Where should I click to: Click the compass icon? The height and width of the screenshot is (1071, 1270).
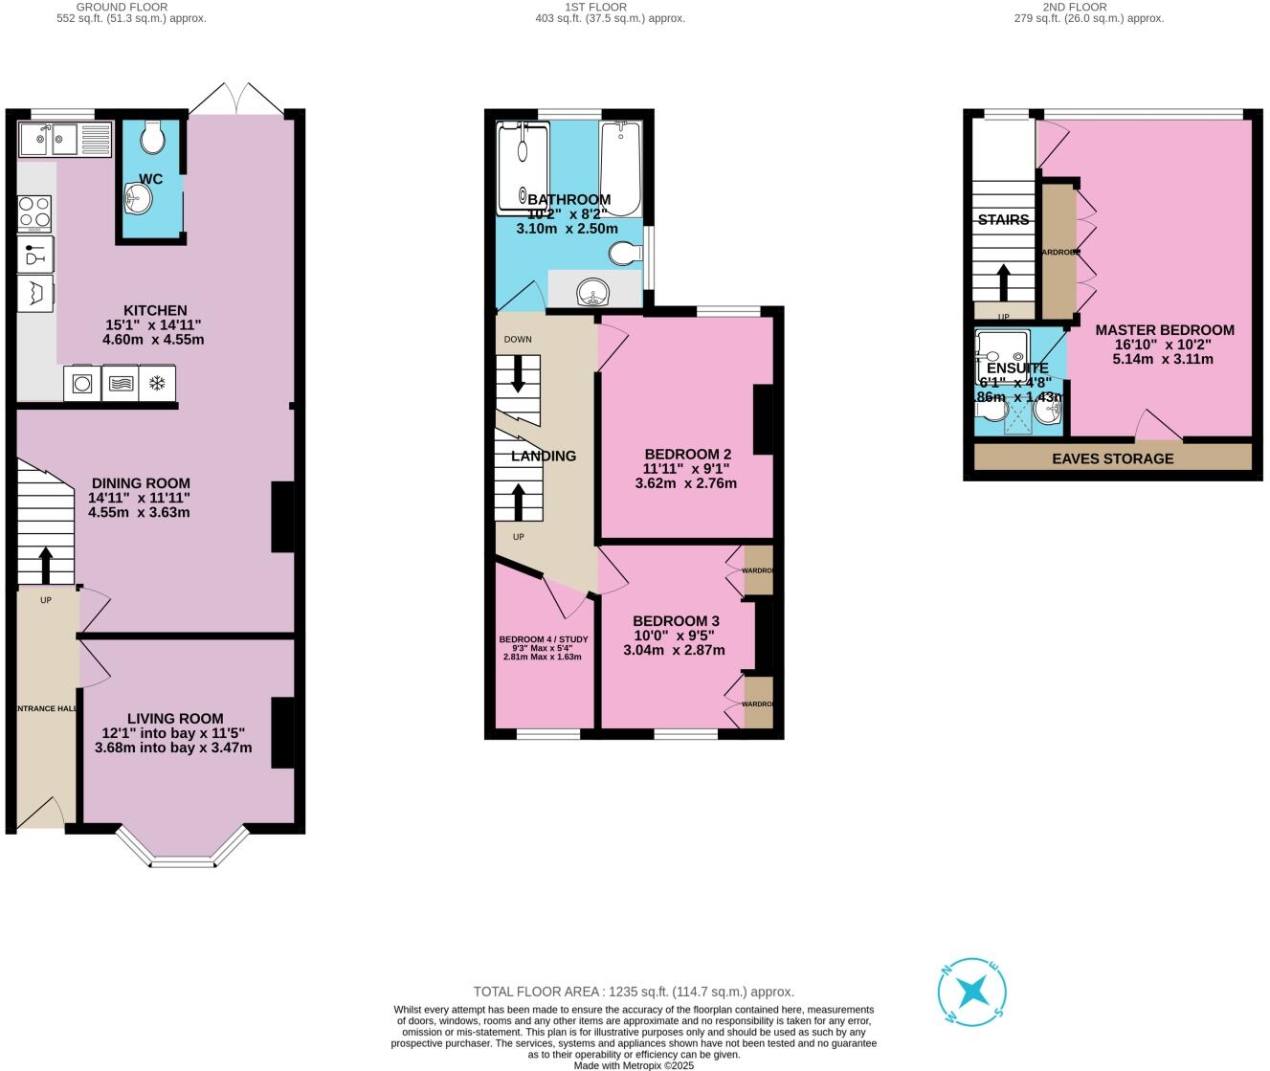972,992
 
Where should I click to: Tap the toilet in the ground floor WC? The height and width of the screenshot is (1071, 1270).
152,138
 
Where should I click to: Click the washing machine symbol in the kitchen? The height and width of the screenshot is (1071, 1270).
82,384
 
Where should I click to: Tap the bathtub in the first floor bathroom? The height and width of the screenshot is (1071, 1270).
620,168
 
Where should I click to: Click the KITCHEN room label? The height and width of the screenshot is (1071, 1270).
155,310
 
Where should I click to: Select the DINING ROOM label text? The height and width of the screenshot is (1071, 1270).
141,483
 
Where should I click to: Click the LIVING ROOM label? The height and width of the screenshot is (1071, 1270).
175,718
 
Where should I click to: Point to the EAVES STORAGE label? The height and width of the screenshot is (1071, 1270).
1112,458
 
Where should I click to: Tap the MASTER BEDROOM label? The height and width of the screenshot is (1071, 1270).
1164,329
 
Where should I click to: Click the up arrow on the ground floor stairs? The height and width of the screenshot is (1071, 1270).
46,565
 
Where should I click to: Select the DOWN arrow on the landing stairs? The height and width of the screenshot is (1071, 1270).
518,373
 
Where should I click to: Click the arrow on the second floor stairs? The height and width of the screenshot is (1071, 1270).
1003,282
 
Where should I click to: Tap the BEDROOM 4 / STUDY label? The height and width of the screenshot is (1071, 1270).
543,639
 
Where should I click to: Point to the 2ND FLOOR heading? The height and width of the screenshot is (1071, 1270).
1088,7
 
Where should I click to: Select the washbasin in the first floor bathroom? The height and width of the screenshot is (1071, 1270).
593,291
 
